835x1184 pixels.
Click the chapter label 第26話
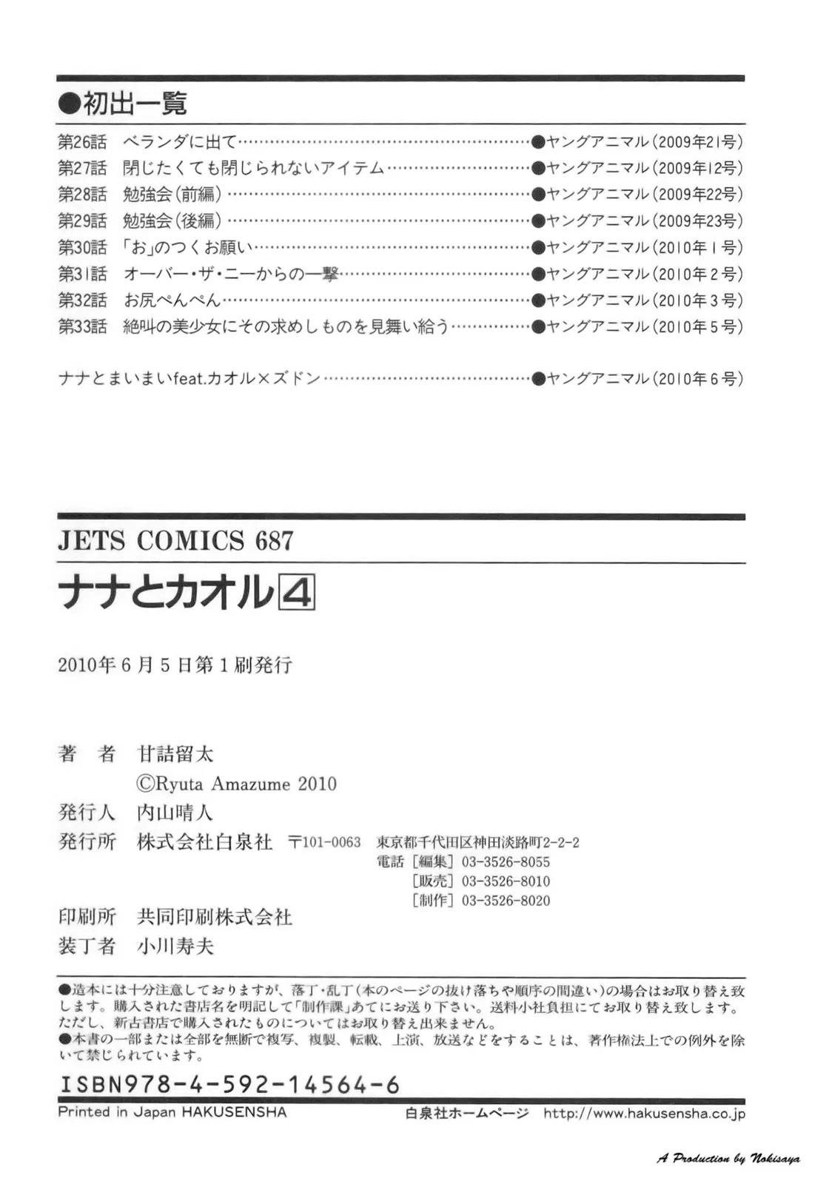coord(82,141)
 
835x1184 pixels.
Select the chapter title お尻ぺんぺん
coord(172,300)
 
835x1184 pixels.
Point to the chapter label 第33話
coord(82,326)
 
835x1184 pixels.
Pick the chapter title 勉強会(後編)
coord(172,221)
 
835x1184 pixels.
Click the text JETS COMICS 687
coord(175,541)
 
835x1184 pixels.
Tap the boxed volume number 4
coord(297,593)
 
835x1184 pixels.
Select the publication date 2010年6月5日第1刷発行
coord(175,665)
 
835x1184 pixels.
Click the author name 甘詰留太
coord(175,754)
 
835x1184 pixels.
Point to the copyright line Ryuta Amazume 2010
coord(237,784)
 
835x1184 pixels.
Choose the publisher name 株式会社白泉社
coord(205,842)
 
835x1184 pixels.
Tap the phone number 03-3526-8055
coord(506,862)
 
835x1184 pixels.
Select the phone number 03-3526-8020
coord(506,901)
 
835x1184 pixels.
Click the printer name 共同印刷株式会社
coord(215,918)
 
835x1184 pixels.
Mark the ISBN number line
coord(229,1085)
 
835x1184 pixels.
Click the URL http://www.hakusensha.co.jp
coord(644,1113)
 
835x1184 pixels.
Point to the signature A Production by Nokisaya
coord(728,1159)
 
